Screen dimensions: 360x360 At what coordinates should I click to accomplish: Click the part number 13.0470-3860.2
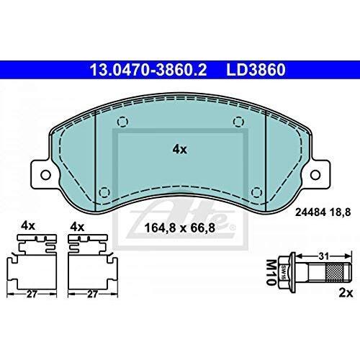(x=148, y=70)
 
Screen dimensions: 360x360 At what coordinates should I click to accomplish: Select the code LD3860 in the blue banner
(x=256, y=70)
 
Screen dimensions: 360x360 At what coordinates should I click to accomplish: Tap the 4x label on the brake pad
(x=179, y=150)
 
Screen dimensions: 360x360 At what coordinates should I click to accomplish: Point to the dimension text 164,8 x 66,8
(x=179, y=228)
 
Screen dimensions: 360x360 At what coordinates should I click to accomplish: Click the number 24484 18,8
(x=323, y=212)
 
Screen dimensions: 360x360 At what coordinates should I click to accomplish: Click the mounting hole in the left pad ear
(x=45, y=175)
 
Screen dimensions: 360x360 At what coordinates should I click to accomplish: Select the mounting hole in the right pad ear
(x=315, y=175)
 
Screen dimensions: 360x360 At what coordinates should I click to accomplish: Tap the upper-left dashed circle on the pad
(x=122, y=122)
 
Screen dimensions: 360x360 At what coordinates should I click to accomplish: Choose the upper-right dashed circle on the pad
(x=238, y=122)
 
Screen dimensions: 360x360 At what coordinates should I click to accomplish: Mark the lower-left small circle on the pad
(x=104, y=192)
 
